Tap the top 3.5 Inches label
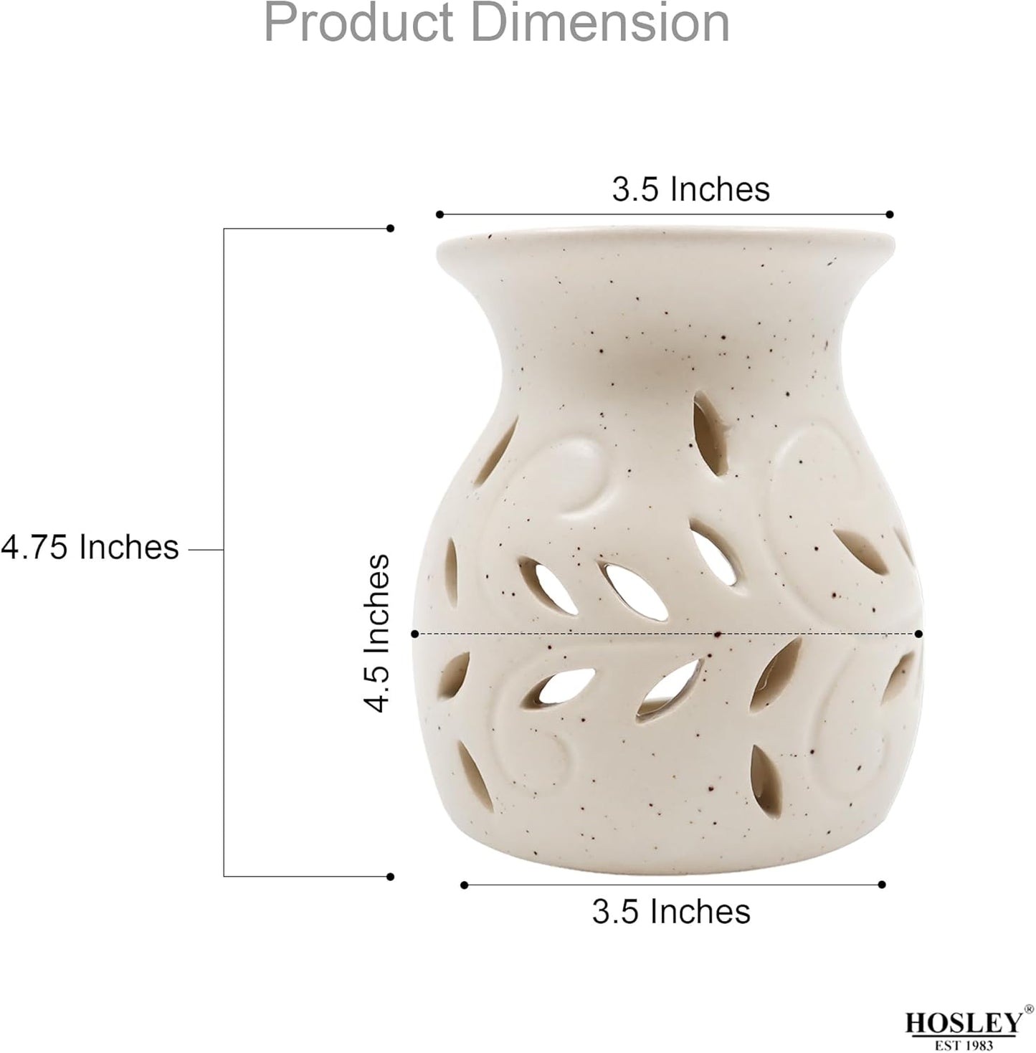[690, 190]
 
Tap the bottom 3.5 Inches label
[671, 912]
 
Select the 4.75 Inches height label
[90, 548]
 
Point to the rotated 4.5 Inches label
[378, 633]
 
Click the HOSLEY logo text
[961, 1023]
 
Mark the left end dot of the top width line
[439, 214]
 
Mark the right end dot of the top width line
[890, 214]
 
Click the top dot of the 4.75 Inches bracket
[390, 229]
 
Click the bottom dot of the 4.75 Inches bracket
[390, 877]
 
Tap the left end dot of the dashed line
[415, 634]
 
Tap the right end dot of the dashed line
[919, 634]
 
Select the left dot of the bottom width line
[465, 885]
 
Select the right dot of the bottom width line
[882, 885]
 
